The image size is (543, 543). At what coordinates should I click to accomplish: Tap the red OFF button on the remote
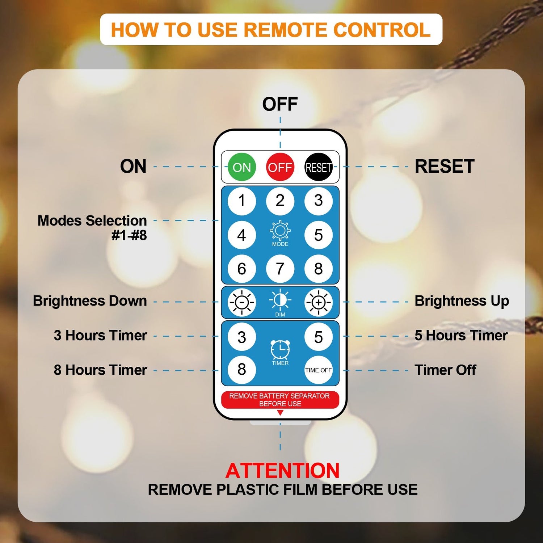tap(280, 167)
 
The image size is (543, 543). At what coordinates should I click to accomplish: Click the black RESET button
tap(318, 167)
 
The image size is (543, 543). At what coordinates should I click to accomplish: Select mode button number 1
tap(241, 201)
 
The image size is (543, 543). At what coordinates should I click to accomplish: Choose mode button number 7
tap(280, 269)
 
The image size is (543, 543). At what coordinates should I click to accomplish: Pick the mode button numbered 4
tap(241, 235)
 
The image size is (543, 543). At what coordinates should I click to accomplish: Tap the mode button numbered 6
tap(241, 269)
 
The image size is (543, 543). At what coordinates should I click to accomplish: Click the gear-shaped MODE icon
tap(280, 231)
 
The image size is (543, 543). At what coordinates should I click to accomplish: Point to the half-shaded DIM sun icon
tap(280, 300)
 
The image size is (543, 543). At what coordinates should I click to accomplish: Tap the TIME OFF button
tap(318, 370)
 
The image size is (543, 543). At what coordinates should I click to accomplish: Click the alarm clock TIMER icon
tap(280, 349)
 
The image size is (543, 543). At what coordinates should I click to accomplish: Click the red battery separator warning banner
tap(280, 400)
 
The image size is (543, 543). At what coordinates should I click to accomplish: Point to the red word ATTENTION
tap(282, 471)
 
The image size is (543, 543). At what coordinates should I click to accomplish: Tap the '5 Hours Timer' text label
tap(461, 336)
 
